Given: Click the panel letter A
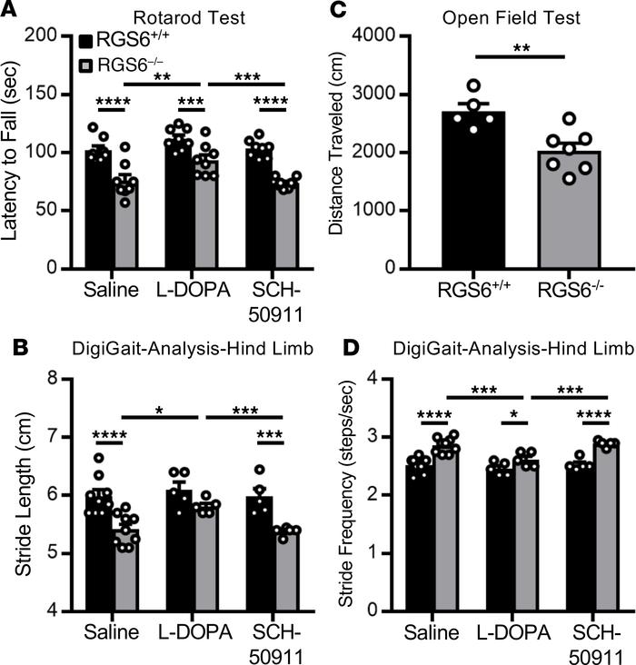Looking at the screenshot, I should click(10, 11).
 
